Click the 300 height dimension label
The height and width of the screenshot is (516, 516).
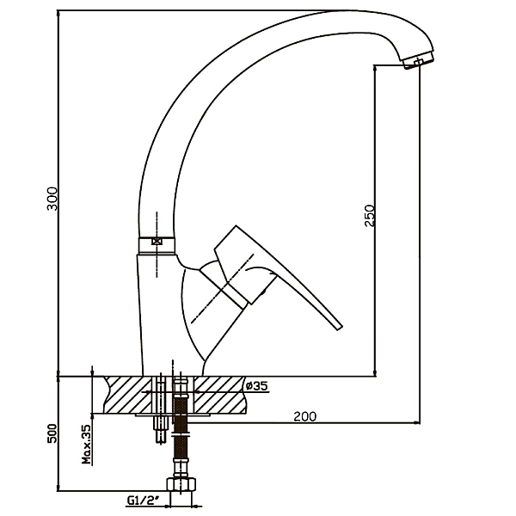click(x=52, y=199)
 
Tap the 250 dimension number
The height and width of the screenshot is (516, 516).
click(x=370, y=214)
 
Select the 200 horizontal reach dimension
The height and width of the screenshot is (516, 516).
click(x=304, y=416)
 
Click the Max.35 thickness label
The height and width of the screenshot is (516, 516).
click(x=86, y=445)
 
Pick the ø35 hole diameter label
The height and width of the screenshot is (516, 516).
click(x=256, y=386)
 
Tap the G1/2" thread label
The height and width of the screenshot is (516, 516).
click(x=140, y=499)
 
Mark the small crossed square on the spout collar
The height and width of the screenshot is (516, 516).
click(x=157, y=243)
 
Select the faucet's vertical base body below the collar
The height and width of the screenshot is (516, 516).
click(x=159, y=310)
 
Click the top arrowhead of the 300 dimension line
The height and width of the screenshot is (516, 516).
click(x=58, y=12)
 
